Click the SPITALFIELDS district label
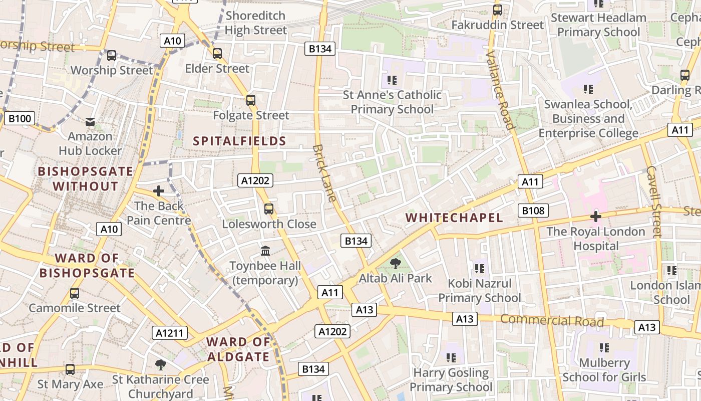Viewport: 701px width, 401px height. (239, 141)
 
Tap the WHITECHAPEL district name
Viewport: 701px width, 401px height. (454, 218)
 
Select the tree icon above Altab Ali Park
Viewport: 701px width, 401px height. (396, 263)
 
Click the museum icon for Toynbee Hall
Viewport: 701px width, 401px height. (265, 251)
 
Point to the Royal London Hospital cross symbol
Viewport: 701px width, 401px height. (595, 217)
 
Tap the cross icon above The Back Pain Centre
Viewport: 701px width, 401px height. (159, 191)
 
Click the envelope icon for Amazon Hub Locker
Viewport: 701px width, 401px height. (90, 121)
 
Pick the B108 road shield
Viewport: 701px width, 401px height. (533, 211)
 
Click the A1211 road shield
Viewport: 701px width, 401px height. (170, 333)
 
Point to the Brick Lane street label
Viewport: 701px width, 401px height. (324, 173)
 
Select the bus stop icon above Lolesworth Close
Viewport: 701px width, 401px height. (269, 209)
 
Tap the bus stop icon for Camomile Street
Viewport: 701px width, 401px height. (75, 293)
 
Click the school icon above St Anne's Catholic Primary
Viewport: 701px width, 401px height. (392, 80)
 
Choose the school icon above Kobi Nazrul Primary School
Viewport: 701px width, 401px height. (479, 269)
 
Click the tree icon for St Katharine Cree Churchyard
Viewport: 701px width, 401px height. (160, 364)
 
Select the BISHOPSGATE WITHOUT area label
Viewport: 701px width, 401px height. (86, 178)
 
